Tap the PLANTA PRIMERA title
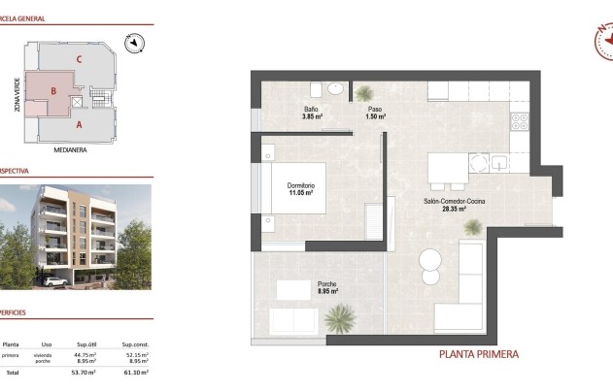[479, 354]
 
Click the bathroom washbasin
[335, 89]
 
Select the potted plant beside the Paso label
[363, 94]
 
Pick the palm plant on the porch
[340, 316]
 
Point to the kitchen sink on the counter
[499, 163]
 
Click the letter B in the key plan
[55, 93]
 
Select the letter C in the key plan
[78, 59]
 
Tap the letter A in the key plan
[79, 124]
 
